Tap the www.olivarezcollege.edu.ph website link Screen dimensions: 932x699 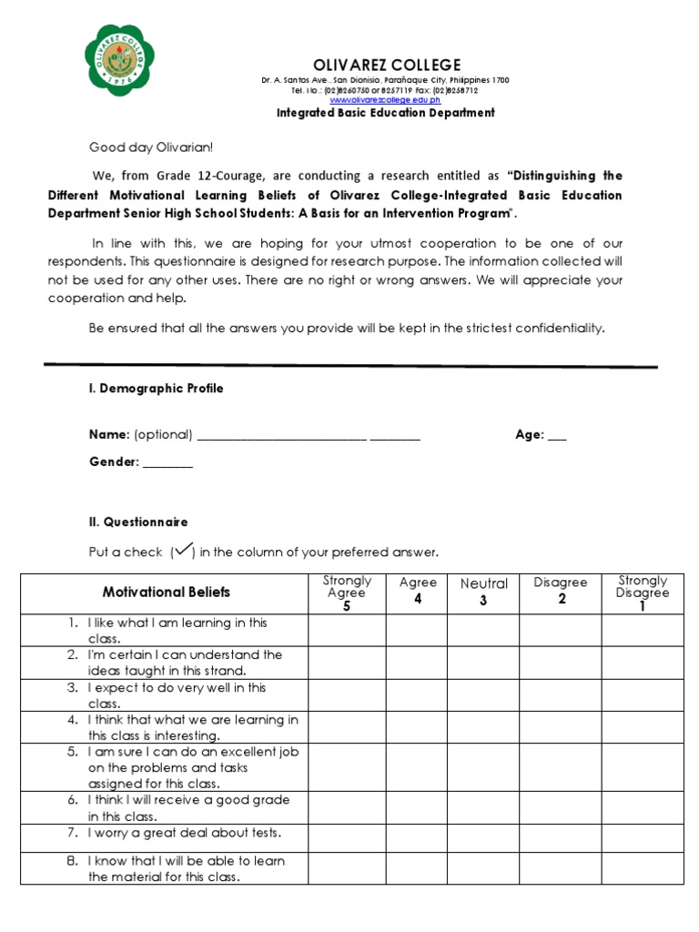(x=385, y=100)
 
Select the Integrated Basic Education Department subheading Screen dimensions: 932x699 (x=386, y=113)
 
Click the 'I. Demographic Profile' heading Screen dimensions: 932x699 (x=156, y=389)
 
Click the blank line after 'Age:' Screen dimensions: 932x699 (x=556, y=436)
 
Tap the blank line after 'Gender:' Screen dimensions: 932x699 (x=167, y=463)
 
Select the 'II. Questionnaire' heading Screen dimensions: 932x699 (x=137, y=522)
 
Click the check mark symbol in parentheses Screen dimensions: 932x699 (x=182, y=550)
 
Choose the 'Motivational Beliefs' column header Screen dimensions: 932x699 (x=166, y=593)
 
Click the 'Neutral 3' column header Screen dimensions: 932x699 (x=483, y=592)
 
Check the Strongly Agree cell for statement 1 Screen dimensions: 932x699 (x=347, y=631)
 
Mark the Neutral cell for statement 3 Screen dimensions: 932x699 (x=483, y=695)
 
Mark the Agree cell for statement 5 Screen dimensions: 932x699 (x=418, y=767)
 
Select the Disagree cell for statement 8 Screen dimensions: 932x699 (x=561, y=868)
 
